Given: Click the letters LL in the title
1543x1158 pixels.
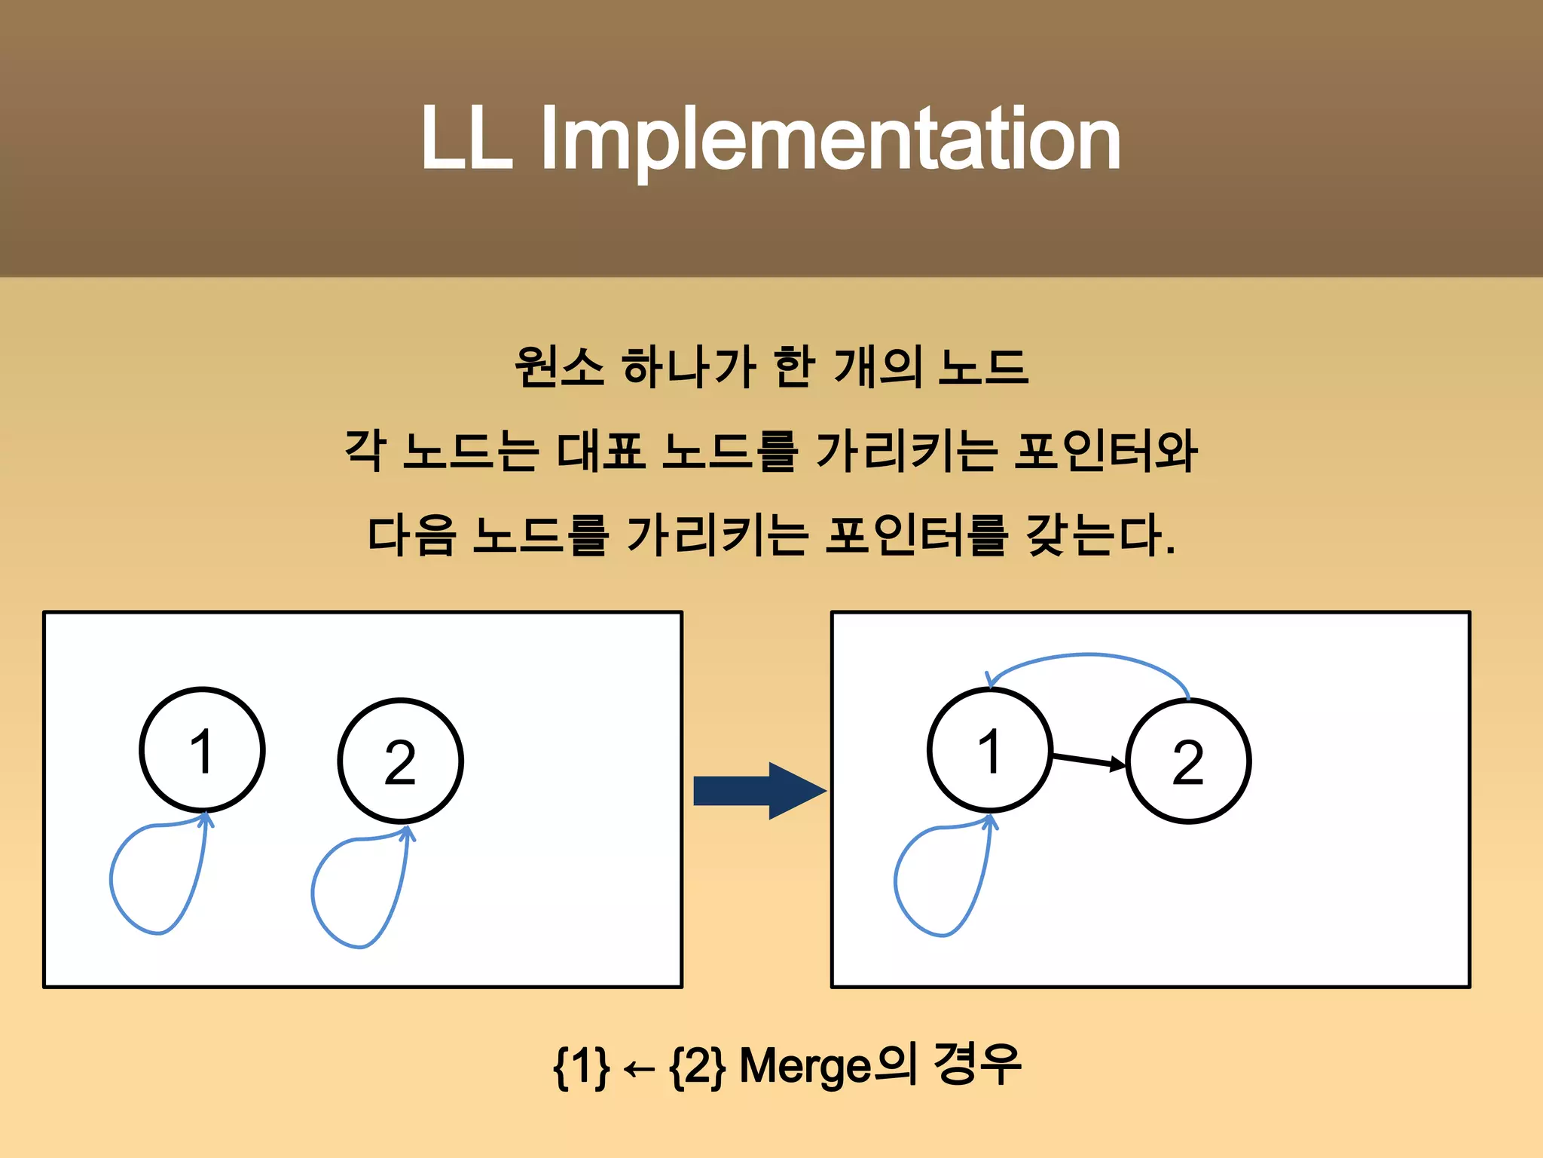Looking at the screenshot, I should coord(466,140).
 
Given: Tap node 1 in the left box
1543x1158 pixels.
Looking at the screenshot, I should coord(202,750).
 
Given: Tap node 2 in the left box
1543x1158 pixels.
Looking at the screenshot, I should coord(400,761).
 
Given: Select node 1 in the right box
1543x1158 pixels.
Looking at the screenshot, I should coord(989,750).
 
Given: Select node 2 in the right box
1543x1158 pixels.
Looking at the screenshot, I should coord(1188,761).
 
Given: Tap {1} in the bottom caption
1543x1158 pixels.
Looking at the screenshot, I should coord(580,1067).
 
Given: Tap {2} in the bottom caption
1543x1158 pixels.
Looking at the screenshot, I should coord(698,1067).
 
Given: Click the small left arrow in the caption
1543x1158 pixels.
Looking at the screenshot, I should coord(639,1069).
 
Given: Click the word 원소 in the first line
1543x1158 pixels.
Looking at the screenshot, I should coord(559,367).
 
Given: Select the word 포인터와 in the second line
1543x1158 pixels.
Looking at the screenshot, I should coord(1105,452).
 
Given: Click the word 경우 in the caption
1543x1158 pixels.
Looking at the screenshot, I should coord(976,1064).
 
